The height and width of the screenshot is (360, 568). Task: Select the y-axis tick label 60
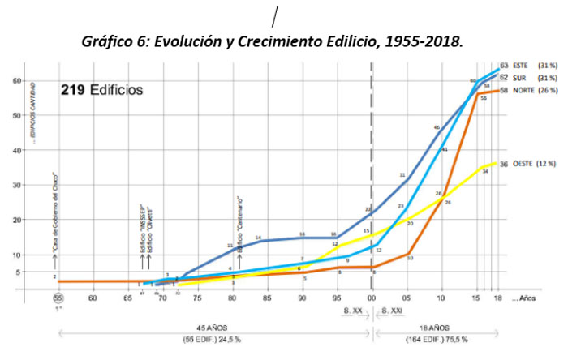[x=15, y=80]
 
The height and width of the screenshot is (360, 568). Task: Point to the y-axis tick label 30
[x=15, y=185]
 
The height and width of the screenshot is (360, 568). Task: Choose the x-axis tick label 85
[x=266, y=298]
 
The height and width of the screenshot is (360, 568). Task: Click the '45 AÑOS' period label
[x=208, y=328]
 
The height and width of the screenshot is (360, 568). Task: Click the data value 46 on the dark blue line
[x=437, y=127]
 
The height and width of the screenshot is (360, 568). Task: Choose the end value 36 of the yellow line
[x=503, y=164]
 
